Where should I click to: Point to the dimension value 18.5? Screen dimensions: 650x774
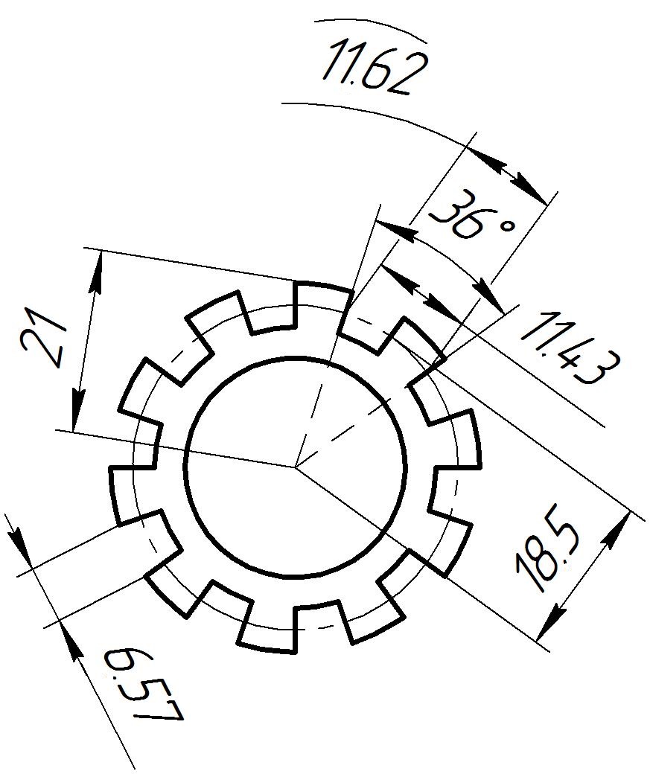coord(547,555)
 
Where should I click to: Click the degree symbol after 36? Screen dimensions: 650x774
coord(507,226)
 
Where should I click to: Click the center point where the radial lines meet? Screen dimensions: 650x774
coord(296,466)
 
